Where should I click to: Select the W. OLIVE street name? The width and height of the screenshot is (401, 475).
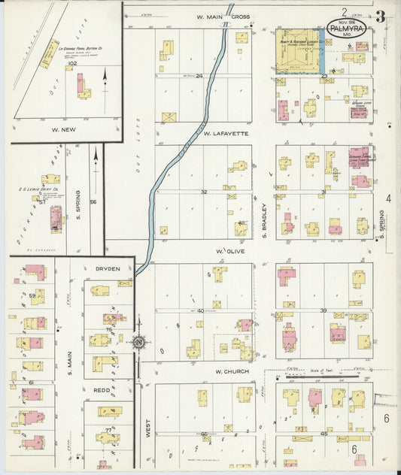click(227, 251)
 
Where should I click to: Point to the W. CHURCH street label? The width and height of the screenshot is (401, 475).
click(227, 371)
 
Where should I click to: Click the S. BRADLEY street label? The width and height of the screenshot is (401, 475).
click(266, 221)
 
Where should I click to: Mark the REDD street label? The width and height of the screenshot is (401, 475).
click(102, 391)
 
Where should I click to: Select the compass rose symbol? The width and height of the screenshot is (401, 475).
click(139, 343)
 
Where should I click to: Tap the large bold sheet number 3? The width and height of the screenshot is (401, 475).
click(381, 16)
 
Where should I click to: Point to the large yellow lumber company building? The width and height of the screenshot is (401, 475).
click(297, 50)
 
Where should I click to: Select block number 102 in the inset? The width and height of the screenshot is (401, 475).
click(72, 65)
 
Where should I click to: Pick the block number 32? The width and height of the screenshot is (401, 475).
click(203, 192)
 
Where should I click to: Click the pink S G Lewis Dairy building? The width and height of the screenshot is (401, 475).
click(56, 218)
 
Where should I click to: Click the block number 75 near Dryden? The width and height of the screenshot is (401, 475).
click(109, 329)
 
